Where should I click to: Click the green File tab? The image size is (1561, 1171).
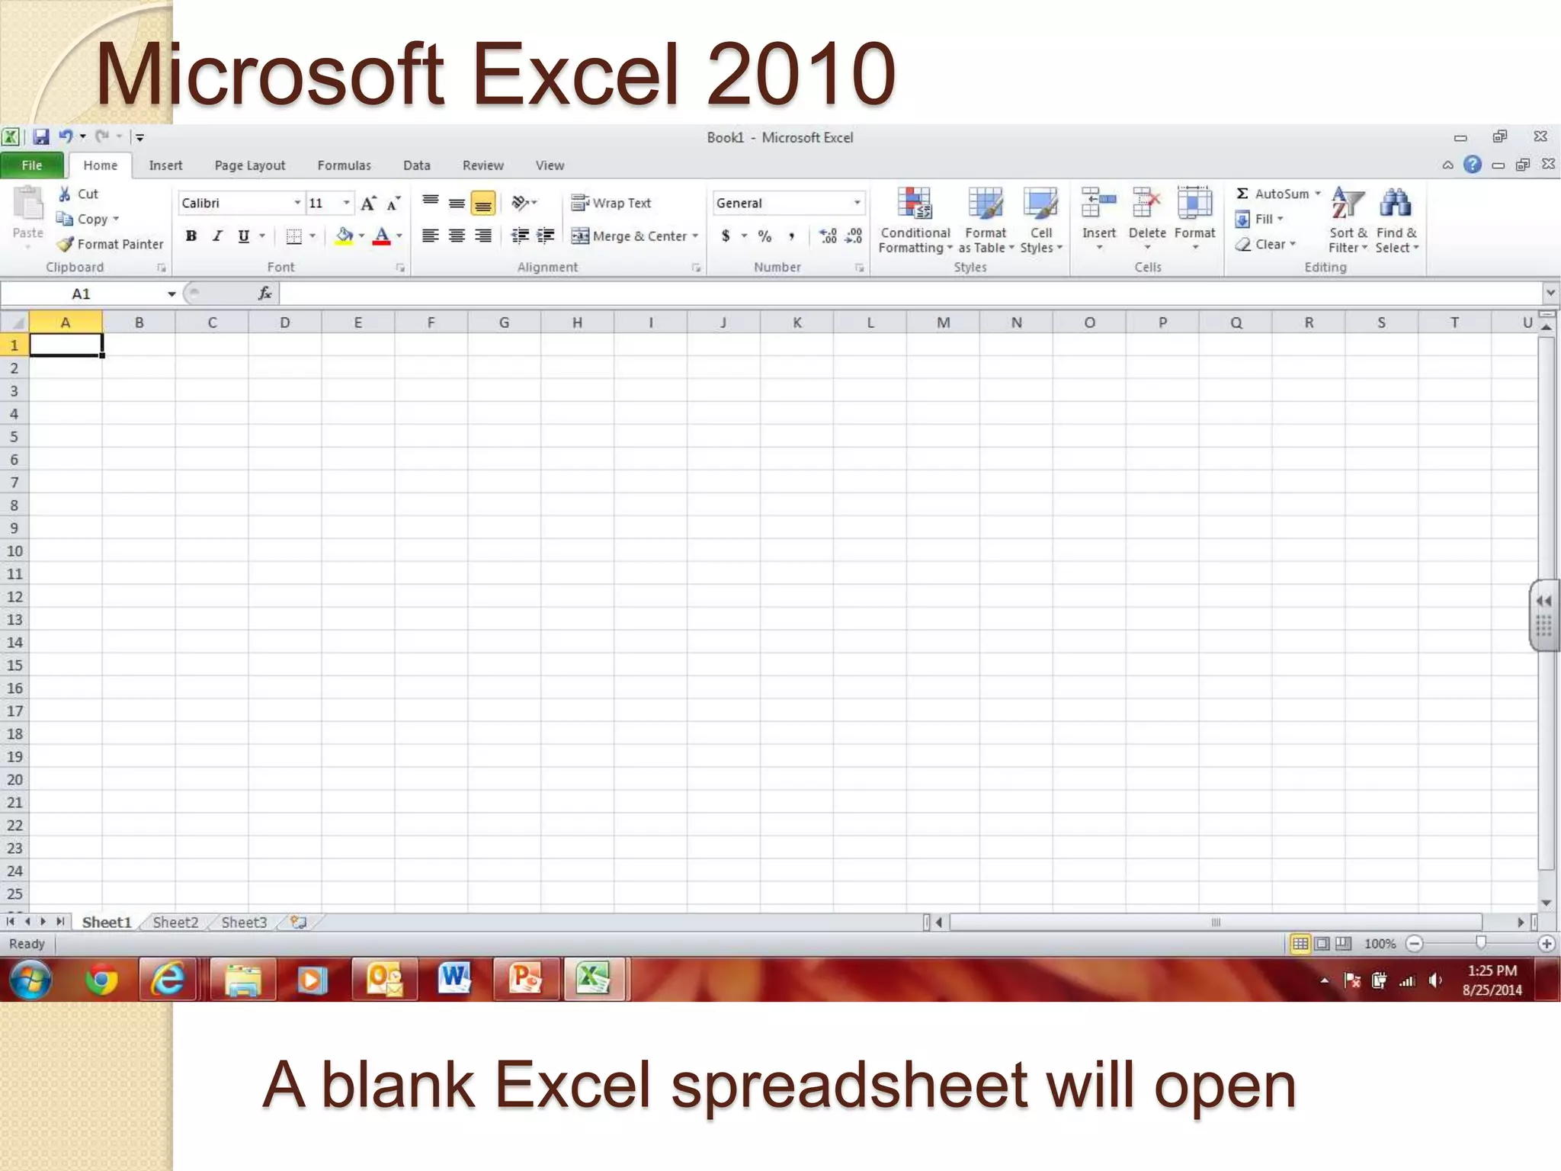[32, 165]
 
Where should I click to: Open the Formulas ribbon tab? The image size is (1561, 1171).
[344, 165]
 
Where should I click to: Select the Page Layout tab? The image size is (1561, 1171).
[249, 165]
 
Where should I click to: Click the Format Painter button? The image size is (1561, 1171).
[111, 244]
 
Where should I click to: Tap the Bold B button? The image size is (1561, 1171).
[191, 236]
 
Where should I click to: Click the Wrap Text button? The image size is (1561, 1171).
[611, 203]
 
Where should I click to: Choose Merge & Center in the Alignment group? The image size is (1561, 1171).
[635, 236]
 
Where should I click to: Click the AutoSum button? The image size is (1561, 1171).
[1278, 194]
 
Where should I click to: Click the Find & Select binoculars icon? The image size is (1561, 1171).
[1396, 204]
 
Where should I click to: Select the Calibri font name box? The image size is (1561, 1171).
[236, 204]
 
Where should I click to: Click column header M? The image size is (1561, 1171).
[943, 322]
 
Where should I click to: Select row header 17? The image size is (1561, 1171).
[14, 711]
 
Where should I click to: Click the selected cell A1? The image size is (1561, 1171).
[66, 345]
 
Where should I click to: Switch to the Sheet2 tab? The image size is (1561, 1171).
[175, 922]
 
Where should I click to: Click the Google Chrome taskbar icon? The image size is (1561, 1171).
[101, 980]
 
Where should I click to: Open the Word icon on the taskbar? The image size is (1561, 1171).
[455, 979]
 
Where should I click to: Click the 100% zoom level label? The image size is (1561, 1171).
[1380, 944]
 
